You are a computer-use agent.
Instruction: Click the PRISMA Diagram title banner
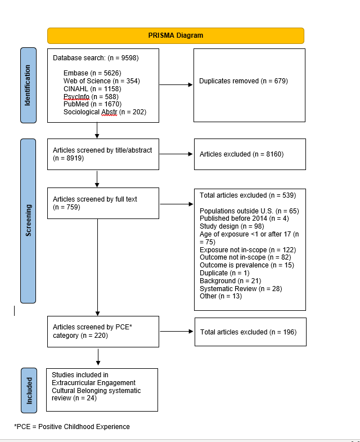[175, 35]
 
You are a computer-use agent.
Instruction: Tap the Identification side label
[28, 85]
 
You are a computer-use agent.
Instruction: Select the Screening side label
[28, 221]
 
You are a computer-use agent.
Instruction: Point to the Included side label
[29, 390]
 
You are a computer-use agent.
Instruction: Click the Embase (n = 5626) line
[92, 73]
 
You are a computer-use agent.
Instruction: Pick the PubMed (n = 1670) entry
[92, 104]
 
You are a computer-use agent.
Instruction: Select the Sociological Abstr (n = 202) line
[105, 112]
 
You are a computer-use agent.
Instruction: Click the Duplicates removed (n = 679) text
[244, 81]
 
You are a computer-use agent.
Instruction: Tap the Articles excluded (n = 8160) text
[241, 154]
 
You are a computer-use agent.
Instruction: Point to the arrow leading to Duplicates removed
[176, 84]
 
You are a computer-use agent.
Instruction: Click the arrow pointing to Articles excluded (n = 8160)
[176, 154]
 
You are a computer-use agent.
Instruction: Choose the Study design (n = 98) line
[232, 226]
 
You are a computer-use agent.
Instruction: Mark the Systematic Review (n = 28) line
[241, 289]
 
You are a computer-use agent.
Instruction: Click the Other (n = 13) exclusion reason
[221, 296]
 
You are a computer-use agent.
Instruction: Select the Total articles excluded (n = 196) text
[249, 332]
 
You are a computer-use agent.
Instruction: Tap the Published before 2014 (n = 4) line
[244, 218]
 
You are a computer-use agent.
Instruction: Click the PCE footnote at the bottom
[72, 426]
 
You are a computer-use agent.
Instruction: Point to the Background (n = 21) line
[231, 281]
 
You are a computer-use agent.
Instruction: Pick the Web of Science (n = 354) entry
[102, 81]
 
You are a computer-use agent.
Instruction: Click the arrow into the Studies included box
[98, 357]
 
